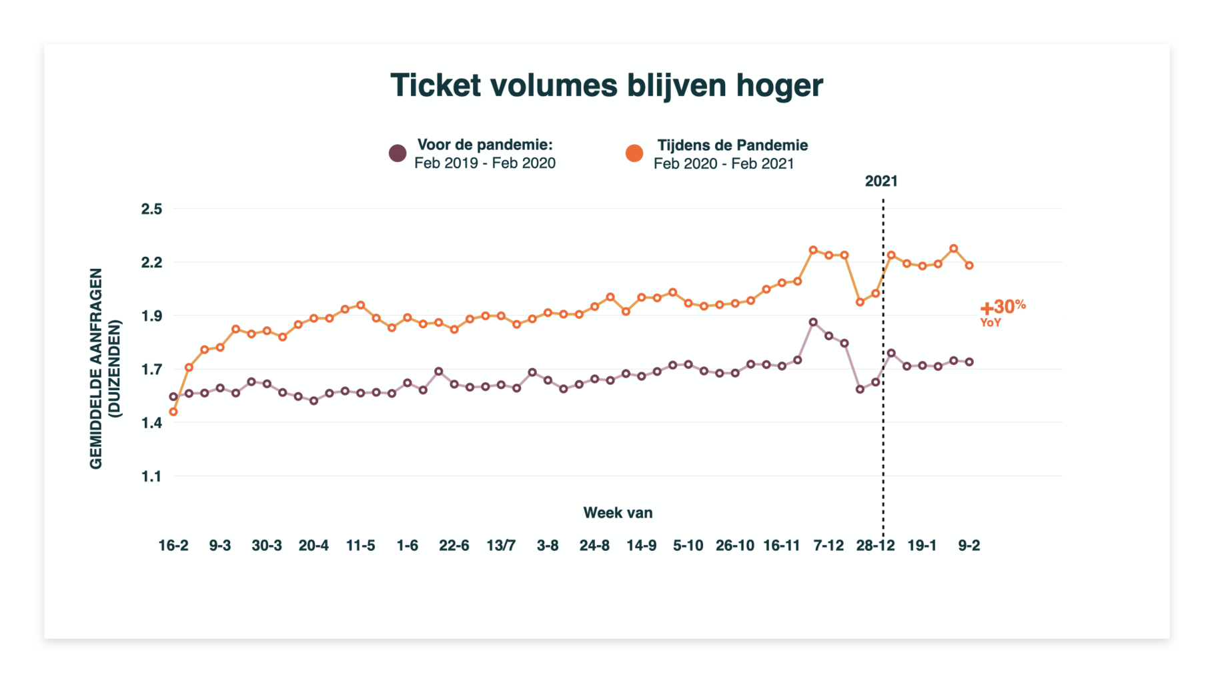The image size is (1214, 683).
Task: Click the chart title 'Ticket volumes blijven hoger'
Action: coord(606,85)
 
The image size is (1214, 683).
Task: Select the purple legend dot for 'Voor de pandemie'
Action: coord(398,153)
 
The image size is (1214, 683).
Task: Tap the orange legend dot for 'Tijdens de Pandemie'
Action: coord(634,153)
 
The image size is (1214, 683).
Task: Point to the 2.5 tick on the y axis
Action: coord(151,209)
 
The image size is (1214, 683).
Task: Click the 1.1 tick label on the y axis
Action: coord(151,476)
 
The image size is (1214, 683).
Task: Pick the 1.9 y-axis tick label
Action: coord(151,315)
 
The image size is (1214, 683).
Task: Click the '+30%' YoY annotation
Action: coord(1002,307)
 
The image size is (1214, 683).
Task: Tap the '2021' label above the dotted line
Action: coord(881,181)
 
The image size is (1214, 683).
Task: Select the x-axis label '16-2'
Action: coord(173,546)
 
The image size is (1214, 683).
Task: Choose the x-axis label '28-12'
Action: coord(875,546)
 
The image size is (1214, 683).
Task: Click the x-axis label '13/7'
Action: coord(501,546)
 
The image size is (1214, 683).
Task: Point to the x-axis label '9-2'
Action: coord(969,546)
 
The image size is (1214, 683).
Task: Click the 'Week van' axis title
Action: coord(618,513)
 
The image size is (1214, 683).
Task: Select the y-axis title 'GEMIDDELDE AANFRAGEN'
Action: coord(96,368)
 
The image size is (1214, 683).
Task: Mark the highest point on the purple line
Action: coord(813,322)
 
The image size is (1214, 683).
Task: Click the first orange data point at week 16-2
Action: coord(173,412)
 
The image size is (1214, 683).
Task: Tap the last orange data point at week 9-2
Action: coord(969,265)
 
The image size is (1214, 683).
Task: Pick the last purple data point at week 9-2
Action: coord(969,362)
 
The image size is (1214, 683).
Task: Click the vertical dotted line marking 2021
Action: coord(883,434)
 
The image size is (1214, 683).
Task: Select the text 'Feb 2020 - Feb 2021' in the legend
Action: coord(724,164)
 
